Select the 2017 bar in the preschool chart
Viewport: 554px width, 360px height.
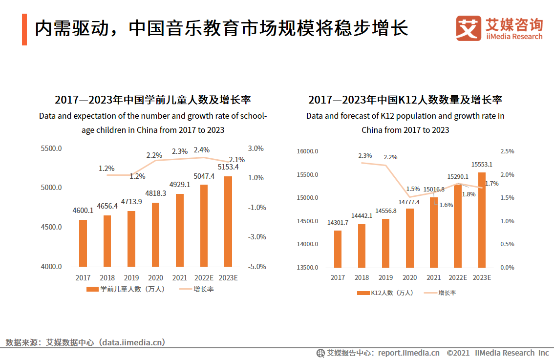tap(83, 243)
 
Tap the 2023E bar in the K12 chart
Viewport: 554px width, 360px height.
tap(482, 220)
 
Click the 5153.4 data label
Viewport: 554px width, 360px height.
tap(228, 167)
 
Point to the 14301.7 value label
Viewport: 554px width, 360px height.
tap(338, 223)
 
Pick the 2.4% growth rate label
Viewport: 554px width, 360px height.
tap(202, 150)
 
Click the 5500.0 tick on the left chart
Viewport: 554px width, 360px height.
tap(51, 148)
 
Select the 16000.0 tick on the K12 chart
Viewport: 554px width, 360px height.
tap(308, 151)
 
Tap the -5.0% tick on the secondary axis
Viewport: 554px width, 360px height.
tap(256, 267)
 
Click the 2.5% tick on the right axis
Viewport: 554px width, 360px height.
tap(507, 151)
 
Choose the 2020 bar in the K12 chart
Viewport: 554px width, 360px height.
tap(410, 238)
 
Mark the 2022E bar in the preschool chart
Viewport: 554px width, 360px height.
tap(204, 226)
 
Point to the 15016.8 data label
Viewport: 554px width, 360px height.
tap(434, 190)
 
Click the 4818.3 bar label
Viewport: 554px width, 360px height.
tap(156, 193)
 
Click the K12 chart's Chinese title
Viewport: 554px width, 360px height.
tap(405, 100)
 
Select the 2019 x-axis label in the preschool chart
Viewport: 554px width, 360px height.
tap(131, 277)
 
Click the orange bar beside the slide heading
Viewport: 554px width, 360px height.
tap(24, 30)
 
